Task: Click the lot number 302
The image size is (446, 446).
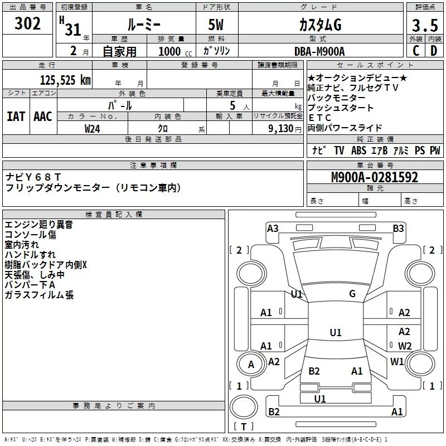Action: click(x=28, y=25)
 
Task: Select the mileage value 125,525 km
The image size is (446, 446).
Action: click(x=65, y=80)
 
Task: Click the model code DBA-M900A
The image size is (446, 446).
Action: click(x=319, y=51)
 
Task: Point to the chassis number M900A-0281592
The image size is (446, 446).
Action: click(x=374, y=177)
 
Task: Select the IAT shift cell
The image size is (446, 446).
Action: click(x=16, y=117)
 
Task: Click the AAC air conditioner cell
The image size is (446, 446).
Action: click(x=42, y=117)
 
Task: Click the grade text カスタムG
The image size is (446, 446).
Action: click(x=319, y=25)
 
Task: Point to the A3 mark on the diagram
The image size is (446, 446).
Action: click(x=273, y=228)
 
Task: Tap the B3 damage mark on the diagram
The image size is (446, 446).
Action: click(x=398, y=228)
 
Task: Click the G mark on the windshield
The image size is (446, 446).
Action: click(x=352, y=294)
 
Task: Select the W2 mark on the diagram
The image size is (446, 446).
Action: click(x=404, y=346)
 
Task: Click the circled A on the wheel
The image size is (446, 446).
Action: click(x=251, y=365)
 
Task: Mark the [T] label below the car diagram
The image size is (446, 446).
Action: click(x=244, y=426)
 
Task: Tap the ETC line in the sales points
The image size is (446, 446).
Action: click(x=320, y=118)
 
